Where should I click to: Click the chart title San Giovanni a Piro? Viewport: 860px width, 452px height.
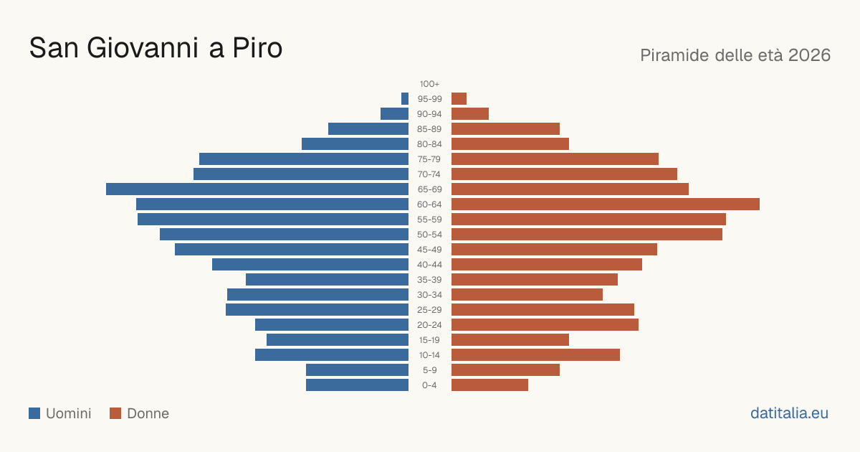coord(156,48)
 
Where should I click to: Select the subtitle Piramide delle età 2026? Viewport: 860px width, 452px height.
coord(735,55)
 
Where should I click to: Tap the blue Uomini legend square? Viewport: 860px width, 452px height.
coord(34,413)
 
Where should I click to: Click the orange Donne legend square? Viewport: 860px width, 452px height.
coord(115,413)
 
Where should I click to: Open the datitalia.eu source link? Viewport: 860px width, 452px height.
coord(789,413)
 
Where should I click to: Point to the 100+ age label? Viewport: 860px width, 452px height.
coord(429,84)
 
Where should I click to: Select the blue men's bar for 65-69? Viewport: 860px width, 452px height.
coord(257,189)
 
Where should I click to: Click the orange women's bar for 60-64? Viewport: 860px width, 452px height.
coord(606,204)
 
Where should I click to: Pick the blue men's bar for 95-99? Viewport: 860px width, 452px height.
coord(405,99)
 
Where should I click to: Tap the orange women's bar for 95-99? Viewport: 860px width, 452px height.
coord(459,99)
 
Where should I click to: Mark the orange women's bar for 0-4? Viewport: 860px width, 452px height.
coord(490,385)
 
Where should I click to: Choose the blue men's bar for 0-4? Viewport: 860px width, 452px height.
coord(357,385)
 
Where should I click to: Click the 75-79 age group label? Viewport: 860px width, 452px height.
coord(429,159)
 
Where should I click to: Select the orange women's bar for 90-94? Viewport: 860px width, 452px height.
coord(470,114)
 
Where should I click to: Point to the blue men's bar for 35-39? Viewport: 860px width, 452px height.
coord(327,279)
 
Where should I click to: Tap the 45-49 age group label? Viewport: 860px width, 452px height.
coord(429,250)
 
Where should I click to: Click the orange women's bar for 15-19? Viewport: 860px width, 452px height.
coord(510,340)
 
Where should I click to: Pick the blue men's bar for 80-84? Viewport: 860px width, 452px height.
coord(355,144)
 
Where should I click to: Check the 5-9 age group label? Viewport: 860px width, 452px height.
coord(429,370)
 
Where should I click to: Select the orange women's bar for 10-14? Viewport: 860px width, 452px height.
coord(535,354)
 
